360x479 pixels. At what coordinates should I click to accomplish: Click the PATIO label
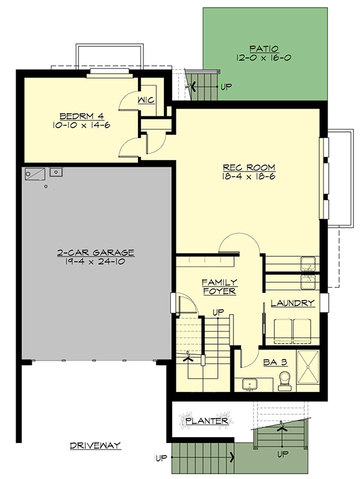(x=264, y=49)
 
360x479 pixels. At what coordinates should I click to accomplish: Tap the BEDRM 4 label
(x=82, y=116)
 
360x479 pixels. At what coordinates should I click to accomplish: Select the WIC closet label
(x=146, y=100)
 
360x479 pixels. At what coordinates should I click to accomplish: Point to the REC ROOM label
(x=249, y=167)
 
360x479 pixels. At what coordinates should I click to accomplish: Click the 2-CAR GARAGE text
(x=96, y=252)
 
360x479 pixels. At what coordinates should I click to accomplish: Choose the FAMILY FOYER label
(x=220, y=287)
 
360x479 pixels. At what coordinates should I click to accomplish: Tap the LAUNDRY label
(x=293, y=303)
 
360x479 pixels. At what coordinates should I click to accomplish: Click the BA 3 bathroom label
(x=275, y=362)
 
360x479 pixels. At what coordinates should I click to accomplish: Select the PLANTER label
(x=207, y=421)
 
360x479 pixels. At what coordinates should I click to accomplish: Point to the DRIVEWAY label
(x=95, y=445)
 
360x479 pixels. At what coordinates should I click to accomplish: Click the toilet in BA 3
(x=285, y=381)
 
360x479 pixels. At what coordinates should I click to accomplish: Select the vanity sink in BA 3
(x=250, y=385)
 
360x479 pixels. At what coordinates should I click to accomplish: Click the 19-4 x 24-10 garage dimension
(x=95, y=262)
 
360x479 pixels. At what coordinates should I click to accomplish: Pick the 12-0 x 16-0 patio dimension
(x=263, y=58)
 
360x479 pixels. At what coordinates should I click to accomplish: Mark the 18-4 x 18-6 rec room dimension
(x=248, y=177)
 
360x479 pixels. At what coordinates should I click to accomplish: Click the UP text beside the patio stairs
(x=226, y=87)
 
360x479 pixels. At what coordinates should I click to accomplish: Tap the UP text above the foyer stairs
(x=218, y=312)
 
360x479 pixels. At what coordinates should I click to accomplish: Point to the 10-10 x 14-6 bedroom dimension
(x=82, y=125)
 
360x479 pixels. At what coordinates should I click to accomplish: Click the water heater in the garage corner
(x=35, y=174)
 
